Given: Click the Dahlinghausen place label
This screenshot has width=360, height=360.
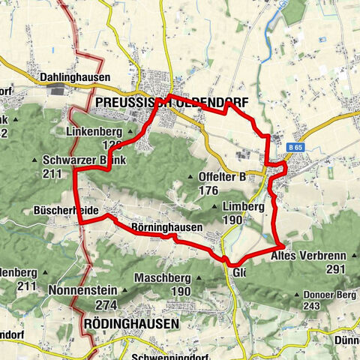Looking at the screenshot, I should [74, 77].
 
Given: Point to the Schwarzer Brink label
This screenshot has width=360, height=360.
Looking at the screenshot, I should [85, 160].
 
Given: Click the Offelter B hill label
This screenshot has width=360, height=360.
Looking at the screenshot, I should [223, 177].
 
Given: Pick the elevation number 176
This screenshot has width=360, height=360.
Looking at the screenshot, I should [208, 191].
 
